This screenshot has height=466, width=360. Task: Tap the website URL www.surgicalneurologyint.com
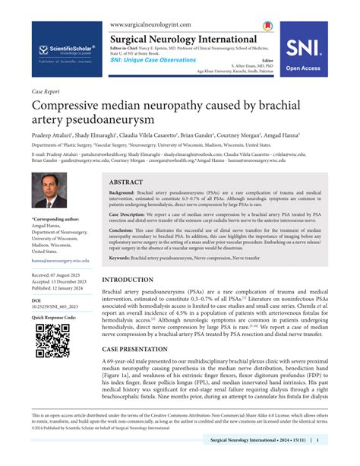pos(150,24)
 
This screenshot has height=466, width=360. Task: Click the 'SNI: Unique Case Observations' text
pos(154,60)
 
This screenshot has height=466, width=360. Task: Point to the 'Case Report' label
pos(46,90)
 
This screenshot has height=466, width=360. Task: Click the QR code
pos(53,340)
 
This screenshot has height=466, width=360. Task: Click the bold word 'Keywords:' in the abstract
pos(123,258)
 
